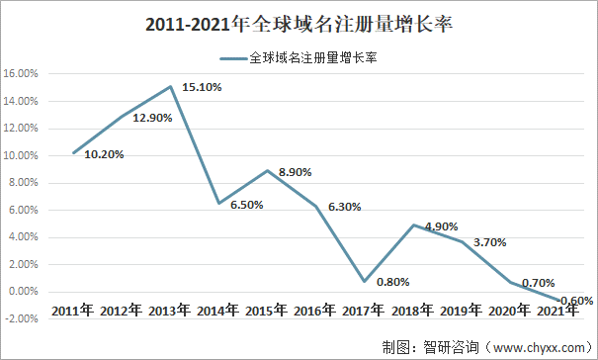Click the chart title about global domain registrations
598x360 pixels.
298,22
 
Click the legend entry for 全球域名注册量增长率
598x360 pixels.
301,58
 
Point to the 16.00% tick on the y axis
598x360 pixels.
21,74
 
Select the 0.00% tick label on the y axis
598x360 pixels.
23,292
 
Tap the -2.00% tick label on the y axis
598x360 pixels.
22,318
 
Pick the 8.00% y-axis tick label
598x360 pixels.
23,183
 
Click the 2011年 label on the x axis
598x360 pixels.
74,311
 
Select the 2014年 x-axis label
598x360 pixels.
219,311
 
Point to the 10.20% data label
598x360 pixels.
104,153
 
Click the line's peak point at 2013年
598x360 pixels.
171,87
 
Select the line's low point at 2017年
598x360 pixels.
365,281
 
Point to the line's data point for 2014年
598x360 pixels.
219,203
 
